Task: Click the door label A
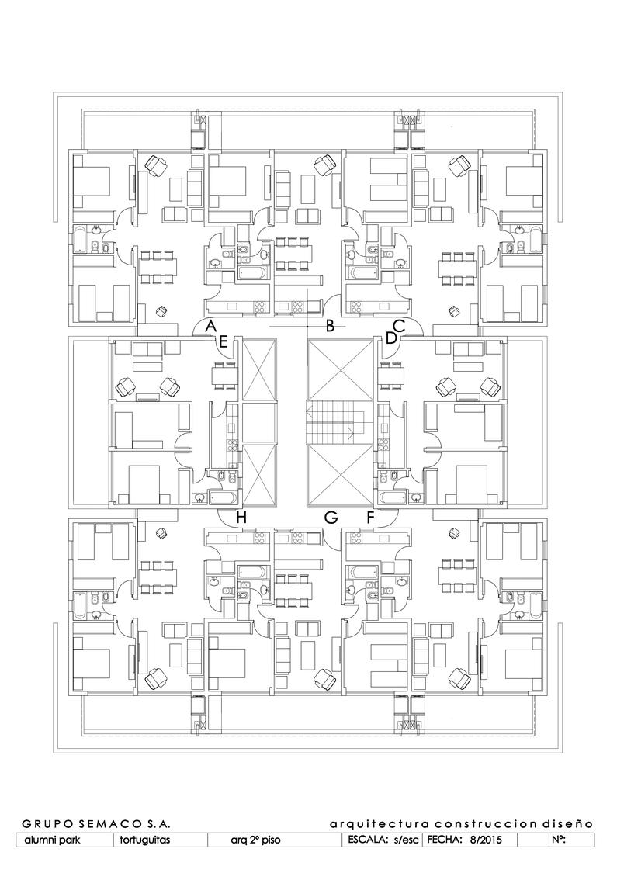210,326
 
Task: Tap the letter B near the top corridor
330,326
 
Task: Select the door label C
399,325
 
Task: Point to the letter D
391,338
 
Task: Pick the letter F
371,518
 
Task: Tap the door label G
331,518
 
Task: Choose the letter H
241,518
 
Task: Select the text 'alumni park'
52,840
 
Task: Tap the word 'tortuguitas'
145,840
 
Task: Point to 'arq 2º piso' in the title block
255,840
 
